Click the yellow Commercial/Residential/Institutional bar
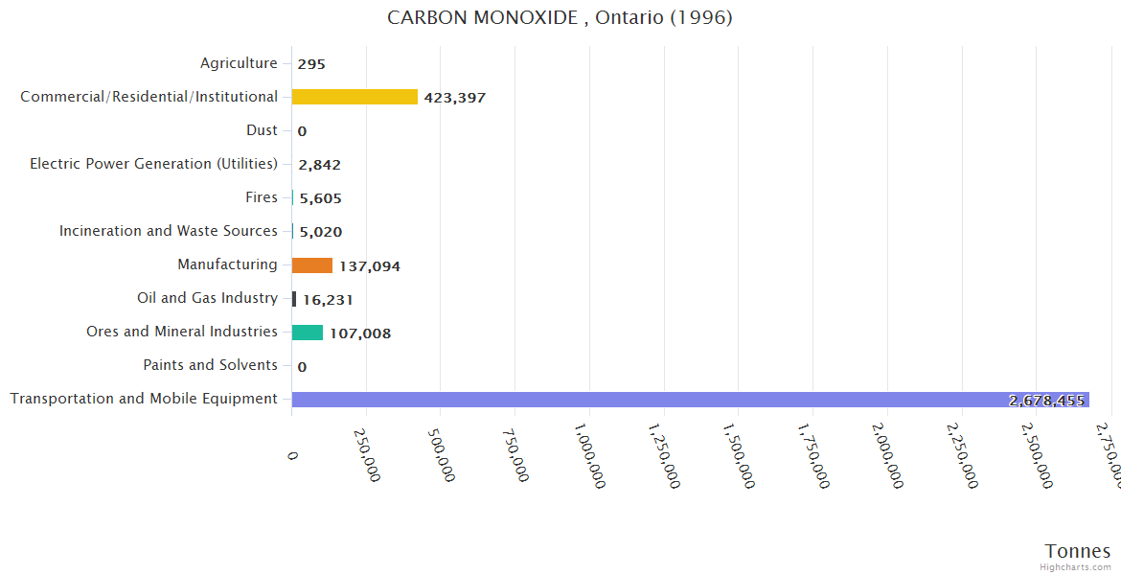point(355,97)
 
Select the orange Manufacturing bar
point(312,265)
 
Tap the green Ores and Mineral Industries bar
point(308,333)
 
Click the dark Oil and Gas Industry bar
point(294,299)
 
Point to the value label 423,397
point(455,98)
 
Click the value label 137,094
point(370,266)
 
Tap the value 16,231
point(328,300)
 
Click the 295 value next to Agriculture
point(311,64)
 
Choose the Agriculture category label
point(239,63)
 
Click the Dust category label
point(262,130)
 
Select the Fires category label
point(262,197)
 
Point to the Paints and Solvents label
point(210,365)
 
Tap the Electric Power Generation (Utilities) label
point(153,164)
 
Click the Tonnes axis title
point(1078,551)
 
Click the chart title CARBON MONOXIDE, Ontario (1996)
point(560,18)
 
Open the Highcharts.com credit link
point(1076,566)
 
